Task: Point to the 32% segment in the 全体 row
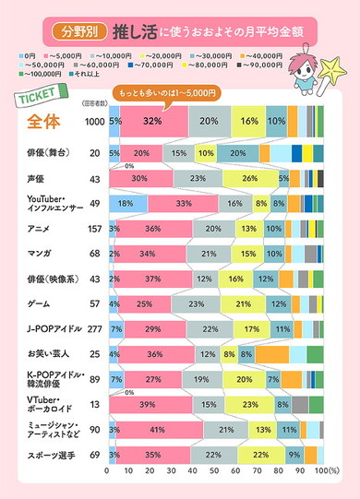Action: click(153, 121)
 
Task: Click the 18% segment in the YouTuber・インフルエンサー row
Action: click(126, 203)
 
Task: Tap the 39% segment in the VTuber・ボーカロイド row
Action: click(149, 403)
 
